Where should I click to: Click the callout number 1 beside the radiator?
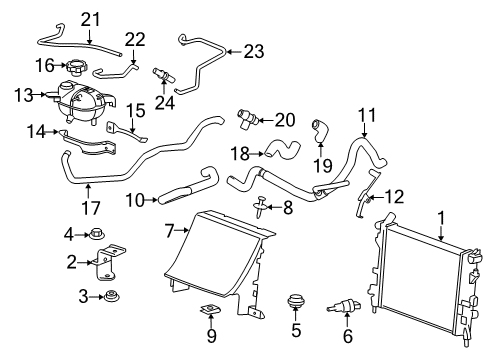click(438, 215)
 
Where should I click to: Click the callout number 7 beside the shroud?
click(171, 232)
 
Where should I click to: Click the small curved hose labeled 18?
click(284, 151)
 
